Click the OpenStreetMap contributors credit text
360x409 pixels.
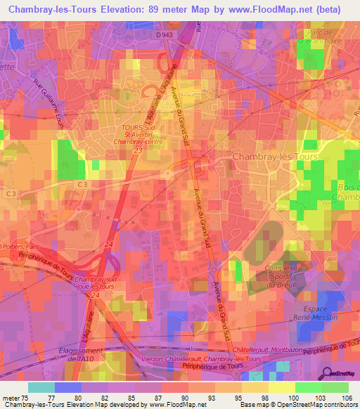[x=316, y=405]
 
